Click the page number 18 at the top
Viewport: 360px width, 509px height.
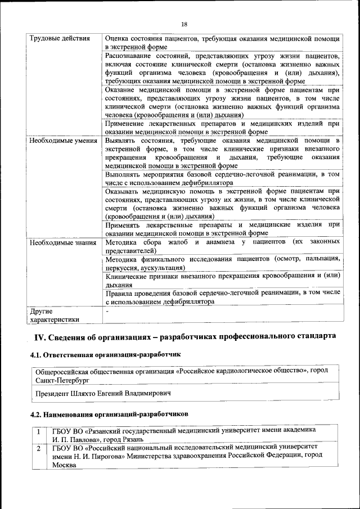[184, 24]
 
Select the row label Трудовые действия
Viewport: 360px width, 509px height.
[59, 39]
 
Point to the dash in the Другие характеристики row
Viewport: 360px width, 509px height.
[107, 311]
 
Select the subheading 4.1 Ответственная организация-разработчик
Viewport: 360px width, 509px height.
[105, 355]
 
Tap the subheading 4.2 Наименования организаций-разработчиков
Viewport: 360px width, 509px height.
[109, 414]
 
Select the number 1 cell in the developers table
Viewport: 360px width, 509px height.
[38, 431]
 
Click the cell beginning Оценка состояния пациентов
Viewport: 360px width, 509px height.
[222, 43]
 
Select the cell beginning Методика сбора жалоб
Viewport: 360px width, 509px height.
[222, 246]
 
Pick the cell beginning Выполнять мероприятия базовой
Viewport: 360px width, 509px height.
[222, 178]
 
